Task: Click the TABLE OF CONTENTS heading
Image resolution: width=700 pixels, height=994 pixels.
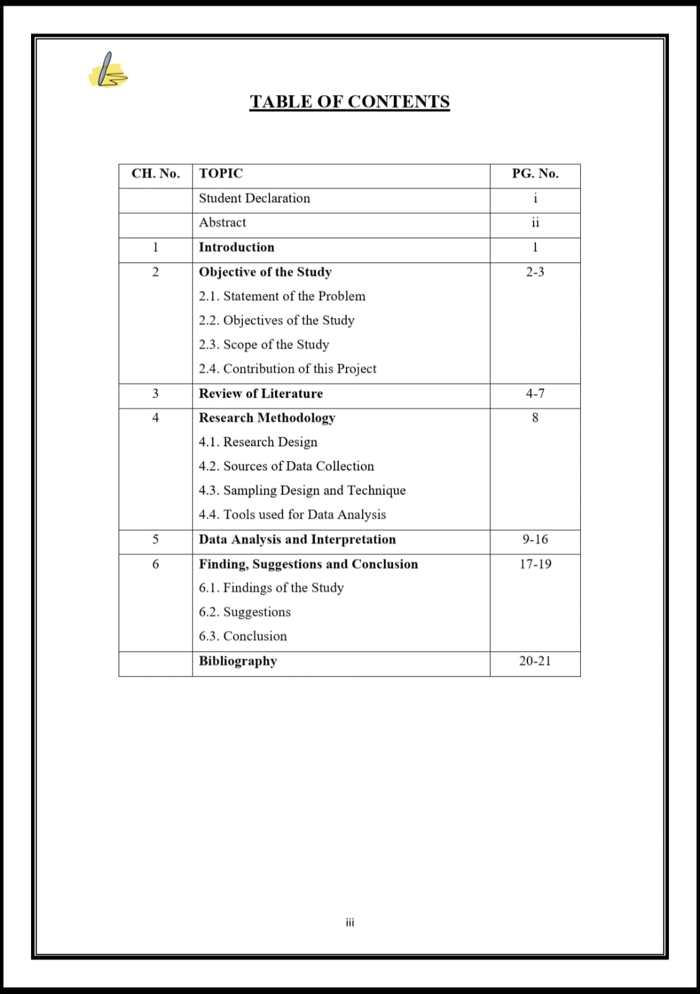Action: point(350,102)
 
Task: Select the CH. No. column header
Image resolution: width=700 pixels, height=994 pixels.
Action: point(155,173)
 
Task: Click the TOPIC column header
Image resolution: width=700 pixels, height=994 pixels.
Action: point(220,173)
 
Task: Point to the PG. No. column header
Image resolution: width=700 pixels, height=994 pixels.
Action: point(535,173)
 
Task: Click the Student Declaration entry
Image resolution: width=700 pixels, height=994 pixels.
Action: point(254,198)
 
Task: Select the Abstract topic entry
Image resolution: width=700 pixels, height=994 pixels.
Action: point(222,222)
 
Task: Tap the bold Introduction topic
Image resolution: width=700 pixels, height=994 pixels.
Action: point(236,247)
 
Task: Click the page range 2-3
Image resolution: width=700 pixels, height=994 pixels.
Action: point(535,272)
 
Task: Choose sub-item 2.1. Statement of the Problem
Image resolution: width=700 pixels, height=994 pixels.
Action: point(282,296)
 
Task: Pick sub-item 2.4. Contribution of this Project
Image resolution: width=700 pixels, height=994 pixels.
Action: point(288,369)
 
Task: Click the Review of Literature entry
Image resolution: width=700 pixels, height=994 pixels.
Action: point(261,393)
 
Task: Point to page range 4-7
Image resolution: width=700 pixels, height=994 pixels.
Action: point(535,393)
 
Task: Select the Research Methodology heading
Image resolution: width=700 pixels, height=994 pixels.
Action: point(267,417)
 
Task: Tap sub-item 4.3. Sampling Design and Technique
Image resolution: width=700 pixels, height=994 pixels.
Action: point(302,490)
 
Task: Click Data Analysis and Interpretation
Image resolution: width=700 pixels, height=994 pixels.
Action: point(297,539)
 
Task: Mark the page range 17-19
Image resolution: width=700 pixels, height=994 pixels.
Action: point(535,564)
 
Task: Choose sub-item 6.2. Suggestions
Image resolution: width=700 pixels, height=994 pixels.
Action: point(245,612)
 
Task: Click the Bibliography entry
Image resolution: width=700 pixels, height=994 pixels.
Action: point(238,661)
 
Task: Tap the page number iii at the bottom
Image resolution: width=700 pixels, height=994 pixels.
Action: point(350,923)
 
